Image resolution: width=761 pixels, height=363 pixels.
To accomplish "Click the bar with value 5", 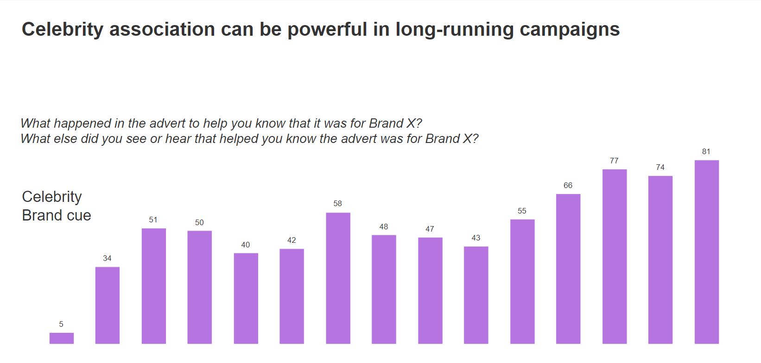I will [x=62, y=338].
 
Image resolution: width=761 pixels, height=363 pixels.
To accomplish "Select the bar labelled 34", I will [x=108, y=305].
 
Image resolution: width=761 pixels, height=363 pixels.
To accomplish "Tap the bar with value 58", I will [x=338, y=278].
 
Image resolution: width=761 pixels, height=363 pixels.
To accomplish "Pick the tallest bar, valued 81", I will [x=706, y=252].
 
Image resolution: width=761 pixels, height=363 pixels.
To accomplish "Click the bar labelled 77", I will [x=614, y=256].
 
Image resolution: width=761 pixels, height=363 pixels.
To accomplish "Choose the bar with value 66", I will [x=568, y=269].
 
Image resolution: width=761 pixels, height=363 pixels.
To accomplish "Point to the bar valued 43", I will [x=476, y=295].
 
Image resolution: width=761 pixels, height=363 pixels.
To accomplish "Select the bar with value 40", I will [x=246, y=298].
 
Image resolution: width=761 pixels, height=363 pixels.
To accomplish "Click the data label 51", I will [x=153, y=220].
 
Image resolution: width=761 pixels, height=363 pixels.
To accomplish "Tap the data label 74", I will [x=660, y=167].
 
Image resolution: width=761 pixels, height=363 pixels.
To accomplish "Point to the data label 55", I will [x=522, y=211].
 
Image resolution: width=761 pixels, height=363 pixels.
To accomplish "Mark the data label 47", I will [x=430, y=229].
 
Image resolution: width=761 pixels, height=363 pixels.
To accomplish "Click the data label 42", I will [x=292, y=240].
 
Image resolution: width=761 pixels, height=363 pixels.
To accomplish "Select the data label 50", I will [x=199, y=222].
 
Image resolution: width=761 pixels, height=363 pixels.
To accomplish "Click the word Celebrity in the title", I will [x=63, y=29].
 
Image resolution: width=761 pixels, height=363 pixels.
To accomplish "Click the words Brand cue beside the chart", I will [x=57, y=215].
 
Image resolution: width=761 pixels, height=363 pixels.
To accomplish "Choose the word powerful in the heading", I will [x=327, y=29].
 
